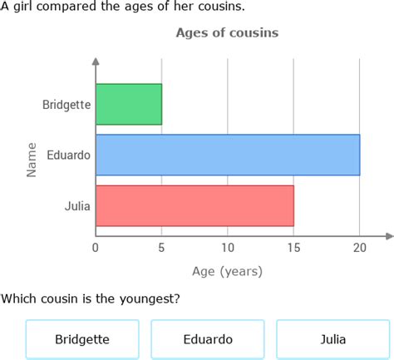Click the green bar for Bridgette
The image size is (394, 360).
129,104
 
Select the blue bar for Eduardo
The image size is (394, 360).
228,155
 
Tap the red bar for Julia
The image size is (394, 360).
195,205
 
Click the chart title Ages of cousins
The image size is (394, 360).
227,33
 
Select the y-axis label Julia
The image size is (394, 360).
78,206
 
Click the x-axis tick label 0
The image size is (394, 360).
96,247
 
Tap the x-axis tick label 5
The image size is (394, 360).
162,247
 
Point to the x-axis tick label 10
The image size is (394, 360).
228,247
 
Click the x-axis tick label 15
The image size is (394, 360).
293,247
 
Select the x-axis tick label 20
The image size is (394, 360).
360,247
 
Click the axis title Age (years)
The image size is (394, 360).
227,271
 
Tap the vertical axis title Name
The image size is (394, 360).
32,159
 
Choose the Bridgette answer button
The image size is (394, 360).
82,339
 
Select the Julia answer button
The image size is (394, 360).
332,339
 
